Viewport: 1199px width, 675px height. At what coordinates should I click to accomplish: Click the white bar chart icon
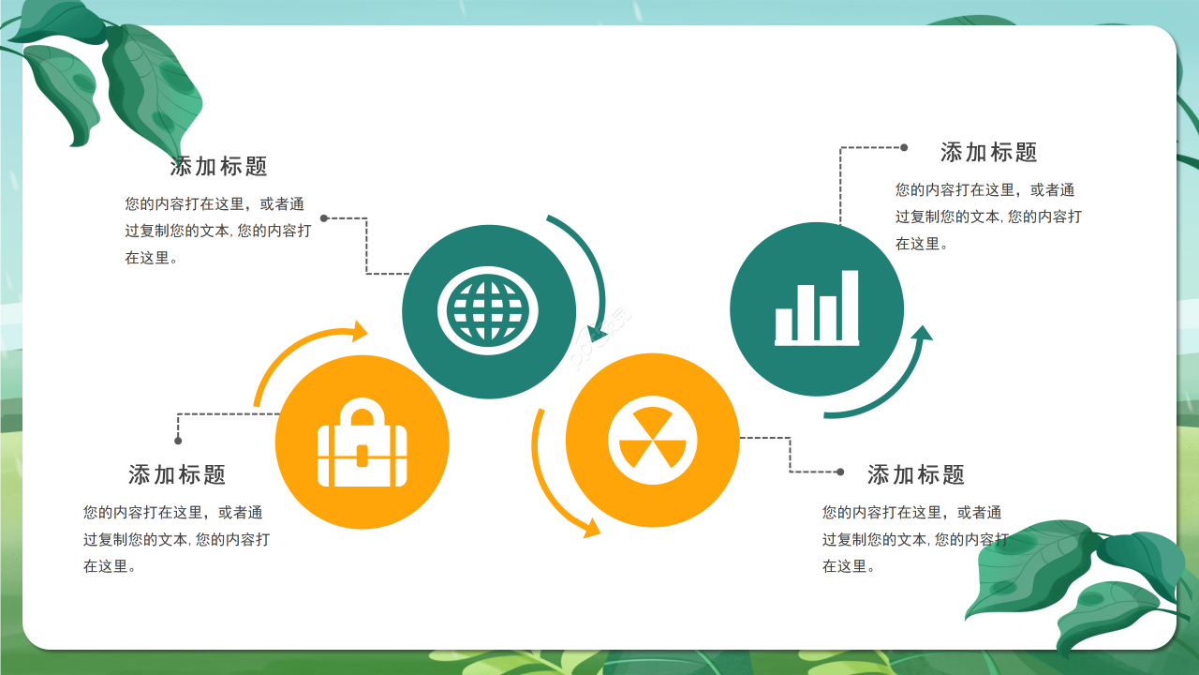pos(817,309)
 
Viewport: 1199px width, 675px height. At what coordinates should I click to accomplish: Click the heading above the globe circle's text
pos(219,167)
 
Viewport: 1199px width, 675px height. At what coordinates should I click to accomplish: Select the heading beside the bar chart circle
pos(989,152)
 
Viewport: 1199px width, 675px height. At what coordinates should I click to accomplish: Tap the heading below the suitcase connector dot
pos(177,474)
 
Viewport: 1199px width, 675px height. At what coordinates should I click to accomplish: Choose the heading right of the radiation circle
pos(916,474)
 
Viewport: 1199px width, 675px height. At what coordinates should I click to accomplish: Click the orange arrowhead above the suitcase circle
pos(358,330)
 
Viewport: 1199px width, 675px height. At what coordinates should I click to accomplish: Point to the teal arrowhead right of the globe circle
pos(595,333)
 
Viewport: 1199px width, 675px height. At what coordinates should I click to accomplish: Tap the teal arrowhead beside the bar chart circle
pos(922,334)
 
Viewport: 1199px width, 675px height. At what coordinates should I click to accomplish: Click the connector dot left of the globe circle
pos(324,218)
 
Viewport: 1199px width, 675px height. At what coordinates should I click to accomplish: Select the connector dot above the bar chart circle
pos(904,147)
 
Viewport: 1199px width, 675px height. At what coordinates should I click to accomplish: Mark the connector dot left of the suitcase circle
pos(178,441)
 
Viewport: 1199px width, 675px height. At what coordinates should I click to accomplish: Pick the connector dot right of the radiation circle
pos(840,472)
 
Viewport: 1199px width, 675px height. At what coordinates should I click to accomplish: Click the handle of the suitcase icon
pos(363,413)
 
